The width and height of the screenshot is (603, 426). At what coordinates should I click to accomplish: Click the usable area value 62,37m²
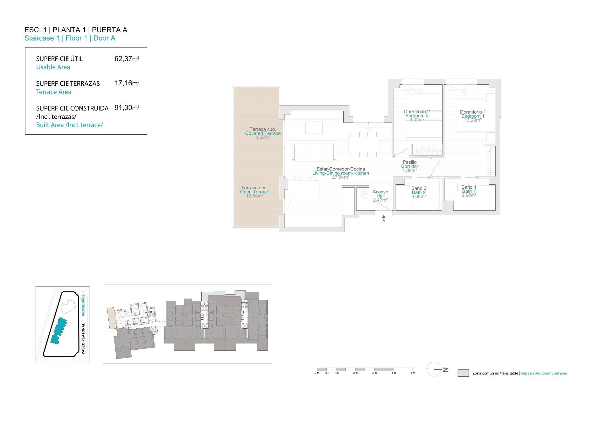(127, 59)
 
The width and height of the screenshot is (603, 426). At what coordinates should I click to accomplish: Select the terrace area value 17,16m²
(127, 83)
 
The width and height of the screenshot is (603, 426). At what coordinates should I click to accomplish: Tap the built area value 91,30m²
(127, 108)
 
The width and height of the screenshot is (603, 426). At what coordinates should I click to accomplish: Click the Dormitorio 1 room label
(473, 112)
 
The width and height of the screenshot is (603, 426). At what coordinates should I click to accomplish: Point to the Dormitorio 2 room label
(416, 112)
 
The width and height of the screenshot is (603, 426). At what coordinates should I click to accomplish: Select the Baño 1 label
(469, 187)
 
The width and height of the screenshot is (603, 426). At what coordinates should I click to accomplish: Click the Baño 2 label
(419, 188)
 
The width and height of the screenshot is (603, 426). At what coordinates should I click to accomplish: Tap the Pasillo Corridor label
(410, 163)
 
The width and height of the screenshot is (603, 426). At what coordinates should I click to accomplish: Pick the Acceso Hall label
(380, 192)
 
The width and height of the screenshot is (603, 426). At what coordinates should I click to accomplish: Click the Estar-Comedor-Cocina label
(340, 169)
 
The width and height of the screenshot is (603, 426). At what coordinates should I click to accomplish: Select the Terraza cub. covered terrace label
(263, 129)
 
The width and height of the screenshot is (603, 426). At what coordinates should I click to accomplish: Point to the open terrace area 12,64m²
(254, 196)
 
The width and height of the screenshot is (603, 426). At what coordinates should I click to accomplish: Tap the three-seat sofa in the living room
(314, 152)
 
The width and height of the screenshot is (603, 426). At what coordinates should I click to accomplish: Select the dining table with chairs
(363, 145)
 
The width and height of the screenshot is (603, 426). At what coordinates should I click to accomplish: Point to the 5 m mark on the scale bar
(413, 373)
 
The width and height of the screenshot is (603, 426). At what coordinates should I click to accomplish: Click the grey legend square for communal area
(463, 373)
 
